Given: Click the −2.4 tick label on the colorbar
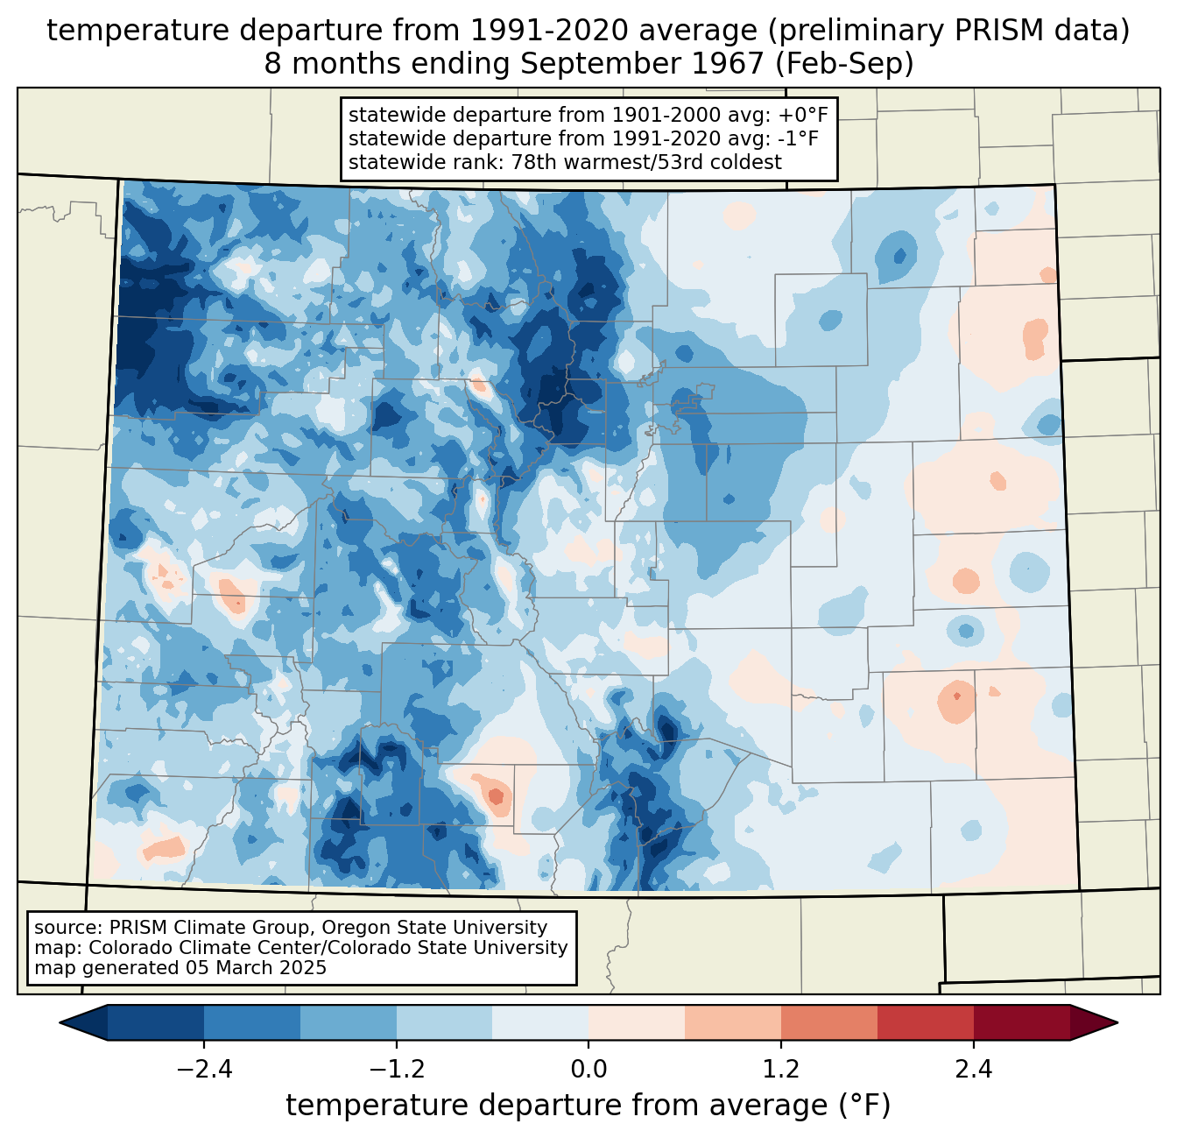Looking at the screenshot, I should [204, 1070].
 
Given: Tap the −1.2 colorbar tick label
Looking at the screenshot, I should [396, 1070].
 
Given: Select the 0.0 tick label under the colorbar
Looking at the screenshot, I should [588, 1070].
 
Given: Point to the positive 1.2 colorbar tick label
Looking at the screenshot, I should [780, 1070].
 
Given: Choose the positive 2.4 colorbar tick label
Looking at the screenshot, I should [973, 1070].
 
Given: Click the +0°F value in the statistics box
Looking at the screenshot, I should [800, 115].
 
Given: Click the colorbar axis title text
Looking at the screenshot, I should [588, 1106].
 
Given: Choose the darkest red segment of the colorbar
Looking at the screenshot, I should [1021, 1022].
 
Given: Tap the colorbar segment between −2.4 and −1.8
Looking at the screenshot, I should [252, 1022].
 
